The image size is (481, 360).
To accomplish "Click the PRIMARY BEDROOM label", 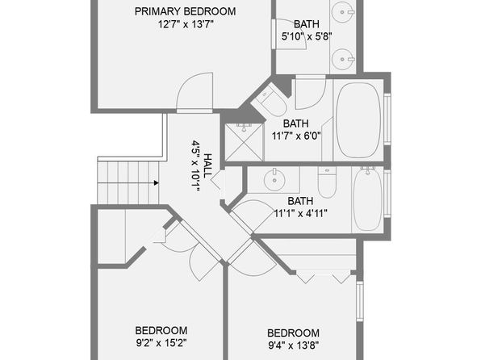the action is coord(186,11).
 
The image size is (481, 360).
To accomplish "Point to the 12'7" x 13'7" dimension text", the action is coord(186,24).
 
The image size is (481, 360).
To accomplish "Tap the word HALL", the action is coord(207,165).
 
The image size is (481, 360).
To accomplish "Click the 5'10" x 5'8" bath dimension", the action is coord(307,37).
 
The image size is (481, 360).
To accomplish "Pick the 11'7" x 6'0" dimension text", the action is coord(296,136).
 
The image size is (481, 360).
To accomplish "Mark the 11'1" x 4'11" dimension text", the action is coord(300,213).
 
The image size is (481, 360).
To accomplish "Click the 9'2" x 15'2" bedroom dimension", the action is coord(161,343).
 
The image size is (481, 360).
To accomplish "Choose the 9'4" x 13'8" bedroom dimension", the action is coord(294,345).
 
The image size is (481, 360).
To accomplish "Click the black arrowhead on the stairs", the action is coord(156,183).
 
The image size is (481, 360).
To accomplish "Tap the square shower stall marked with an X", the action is coord(245,142).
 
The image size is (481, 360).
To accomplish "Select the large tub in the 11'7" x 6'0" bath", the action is coord(358,120).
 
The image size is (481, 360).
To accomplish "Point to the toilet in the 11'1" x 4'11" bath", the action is coord(327,182).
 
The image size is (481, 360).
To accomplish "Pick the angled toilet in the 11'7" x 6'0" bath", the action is coord(270,100).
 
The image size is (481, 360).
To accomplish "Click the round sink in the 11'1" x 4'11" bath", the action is coord(274,180).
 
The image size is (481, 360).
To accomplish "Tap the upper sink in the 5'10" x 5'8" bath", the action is coord(343,12).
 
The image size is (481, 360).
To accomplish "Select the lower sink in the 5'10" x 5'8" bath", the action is coord(343,59).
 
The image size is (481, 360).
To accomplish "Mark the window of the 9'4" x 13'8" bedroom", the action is coord(360,301).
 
